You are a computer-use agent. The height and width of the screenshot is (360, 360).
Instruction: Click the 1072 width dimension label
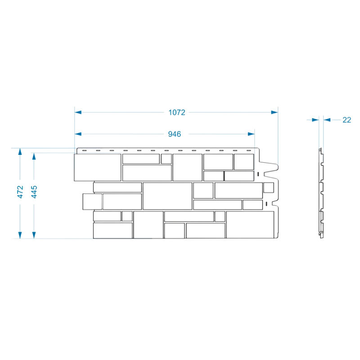[x=177, y=112]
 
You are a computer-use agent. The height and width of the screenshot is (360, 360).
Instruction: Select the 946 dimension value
[x=175, y=134]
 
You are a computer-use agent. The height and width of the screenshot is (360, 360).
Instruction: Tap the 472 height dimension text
[x=20, y=192]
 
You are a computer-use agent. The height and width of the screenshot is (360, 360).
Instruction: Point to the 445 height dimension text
[x=34, y=192]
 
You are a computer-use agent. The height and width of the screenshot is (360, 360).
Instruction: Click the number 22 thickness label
[x=346, y=120]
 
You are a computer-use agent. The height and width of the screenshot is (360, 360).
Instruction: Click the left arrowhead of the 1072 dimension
[x=78, y=112]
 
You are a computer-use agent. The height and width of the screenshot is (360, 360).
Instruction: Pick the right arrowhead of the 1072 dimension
[x=274, y=112]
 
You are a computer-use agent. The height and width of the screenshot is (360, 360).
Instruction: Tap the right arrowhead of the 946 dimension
[x=251, y=134]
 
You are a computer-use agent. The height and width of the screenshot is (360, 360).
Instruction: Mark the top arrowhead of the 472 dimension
[x=20, y=152]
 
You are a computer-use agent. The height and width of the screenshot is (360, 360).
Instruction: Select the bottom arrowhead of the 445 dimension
[x=34, y=235]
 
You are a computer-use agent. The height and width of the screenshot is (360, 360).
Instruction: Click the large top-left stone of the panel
[x=98, y=167]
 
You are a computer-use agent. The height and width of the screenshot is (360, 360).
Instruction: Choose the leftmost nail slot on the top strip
[x=84, y=151]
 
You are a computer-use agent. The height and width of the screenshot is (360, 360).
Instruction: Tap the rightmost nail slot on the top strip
[x=249, y=151]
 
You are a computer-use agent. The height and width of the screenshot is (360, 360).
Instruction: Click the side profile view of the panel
[x=322, y=193]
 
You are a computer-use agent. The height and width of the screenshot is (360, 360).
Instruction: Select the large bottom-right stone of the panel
[x=250, y=225]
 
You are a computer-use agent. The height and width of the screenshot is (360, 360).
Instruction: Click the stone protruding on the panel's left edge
[x=92, y=202]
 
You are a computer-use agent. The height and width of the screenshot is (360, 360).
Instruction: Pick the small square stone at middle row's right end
[x=268, y=188]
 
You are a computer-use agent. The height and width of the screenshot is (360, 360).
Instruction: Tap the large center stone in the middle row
[x=167, y=196]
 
